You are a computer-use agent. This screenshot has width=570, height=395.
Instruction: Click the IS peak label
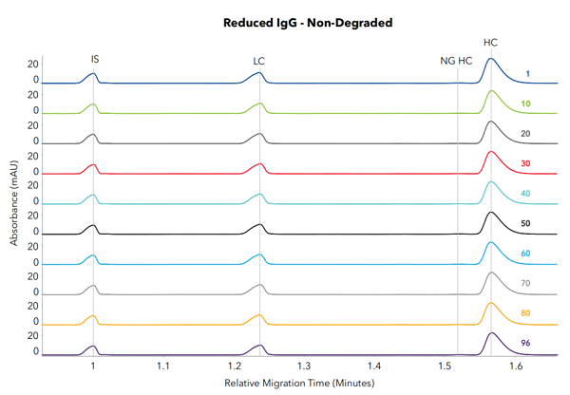[94, 59]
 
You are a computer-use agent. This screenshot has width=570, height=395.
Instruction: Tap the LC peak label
[259, 61]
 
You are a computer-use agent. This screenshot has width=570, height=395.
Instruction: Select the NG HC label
[455, 61]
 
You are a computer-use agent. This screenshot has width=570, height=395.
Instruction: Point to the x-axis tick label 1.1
[163, 365]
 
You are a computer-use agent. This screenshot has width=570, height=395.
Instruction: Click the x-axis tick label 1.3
[304, 365]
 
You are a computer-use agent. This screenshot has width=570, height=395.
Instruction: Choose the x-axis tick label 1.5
[446, 365]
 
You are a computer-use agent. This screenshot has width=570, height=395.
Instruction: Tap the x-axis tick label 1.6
[516, 365]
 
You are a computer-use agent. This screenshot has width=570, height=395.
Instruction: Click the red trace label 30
[525, 164]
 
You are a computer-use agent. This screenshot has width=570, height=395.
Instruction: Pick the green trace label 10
[525, 103]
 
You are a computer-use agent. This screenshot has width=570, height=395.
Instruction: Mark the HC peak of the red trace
[490, 152]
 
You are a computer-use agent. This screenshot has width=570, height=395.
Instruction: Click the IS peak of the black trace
[93, 226]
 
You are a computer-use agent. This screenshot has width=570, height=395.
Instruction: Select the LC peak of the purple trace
[259, 346]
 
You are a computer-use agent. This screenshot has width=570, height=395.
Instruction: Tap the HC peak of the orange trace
[490, 304]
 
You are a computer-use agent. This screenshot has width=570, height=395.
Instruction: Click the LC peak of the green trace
[259, 103]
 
